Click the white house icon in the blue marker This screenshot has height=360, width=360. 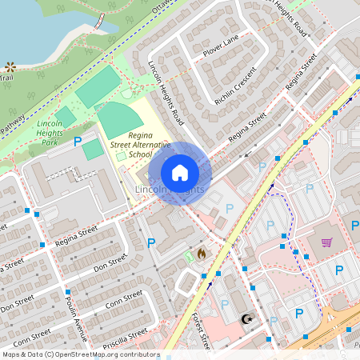[x=180, y=172]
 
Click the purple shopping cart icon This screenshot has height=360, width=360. [x=326, y=242]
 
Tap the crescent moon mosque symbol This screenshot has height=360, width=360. [x=246, y=319]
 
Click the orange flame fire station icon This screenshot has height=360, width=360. [x=201, y=253]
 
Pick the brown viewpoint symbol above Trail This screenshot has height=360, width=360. [x=10, y=68]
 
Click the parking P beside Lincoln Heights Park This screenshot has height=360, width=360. [x=78, y=142]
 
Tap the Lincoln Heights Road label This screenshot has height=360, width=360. [x=166, y=95]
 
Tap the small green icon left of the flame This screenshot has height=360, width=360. [x=188, y=255]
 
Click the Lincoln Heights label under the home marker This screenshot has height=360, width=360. [x=169, y=189]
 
